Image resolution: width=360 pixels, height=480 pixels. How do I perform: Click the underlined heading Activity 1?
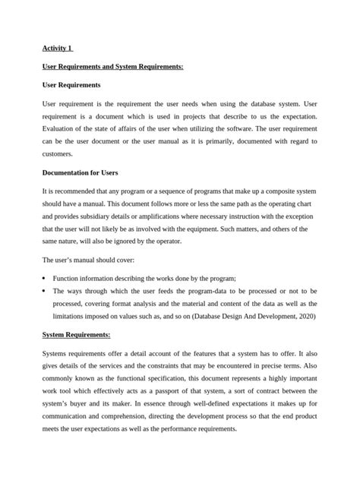point(58,49)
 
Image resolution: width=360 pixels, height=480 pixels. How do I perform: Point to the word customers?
point(60,155)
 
